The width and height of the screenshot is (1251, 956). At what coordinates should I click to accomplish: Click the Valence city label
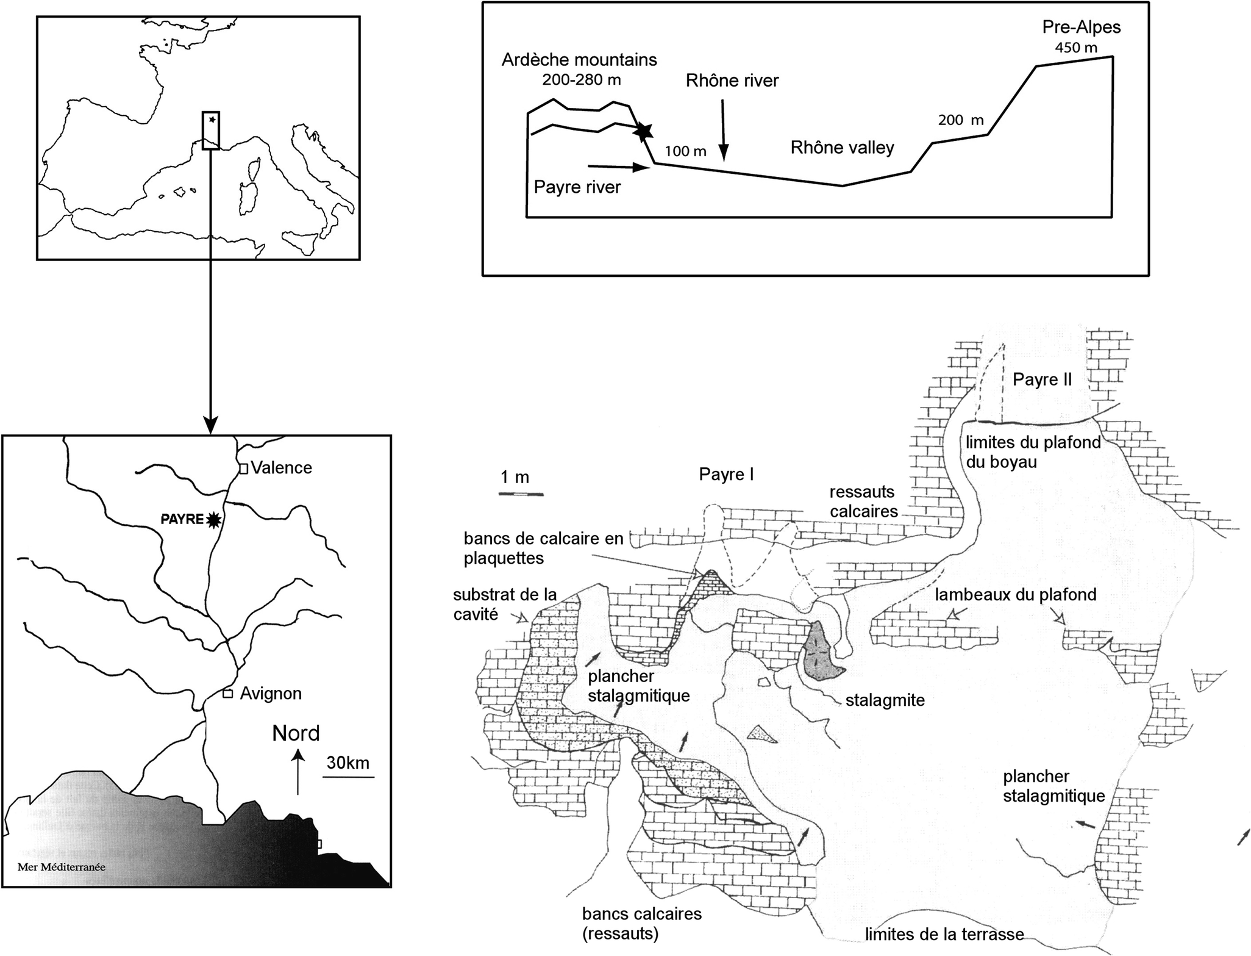pos(281,468)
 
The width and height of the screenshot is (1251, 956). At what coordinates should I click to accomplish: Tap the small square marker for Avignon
pos(227,694)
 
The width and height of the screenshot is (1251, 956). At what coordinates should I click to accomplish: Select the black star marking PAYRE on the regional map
pos(213,519)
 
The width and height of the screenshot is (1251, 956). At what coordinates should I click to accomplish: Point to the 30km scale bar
pos(348,777)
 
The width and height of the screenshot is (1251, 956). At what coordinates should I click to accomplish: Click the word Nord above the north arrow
pos(296,733)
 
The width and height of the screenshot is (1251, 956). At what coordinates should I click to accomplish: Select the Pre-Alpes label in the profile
pos(1082,27)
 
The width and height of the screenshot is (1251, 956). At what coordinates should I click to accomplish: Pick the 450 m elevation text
pos(1076,48)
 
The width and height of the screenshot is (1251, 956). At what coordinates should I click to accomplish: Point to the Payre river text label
pos(577,187)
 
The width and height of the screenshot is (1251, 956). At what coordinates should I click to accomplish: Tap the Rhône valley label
pos(842,148)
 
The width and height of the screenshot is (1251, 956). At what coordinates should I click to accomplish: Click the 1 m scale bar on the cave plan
pos(521,493)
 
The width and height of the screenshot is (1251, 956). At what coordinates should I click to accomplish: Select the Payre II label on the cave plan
pos(1042,379)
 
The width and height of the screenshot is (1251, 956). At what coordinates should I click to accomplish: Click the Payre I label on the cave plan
pos(726,474)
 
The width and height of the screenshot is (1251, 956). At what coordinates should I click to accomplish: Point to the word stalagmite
pos(885,700)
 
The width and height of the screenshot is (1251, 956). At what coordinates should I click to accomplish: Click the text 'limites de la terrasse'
pos(944,934)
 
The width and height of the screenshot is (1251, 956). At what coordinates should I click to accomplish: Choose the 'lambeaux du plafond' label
pos(1016,594)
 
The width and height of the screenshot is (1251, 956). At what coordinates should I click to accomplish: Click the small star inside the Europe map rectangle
pos(212,120)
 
